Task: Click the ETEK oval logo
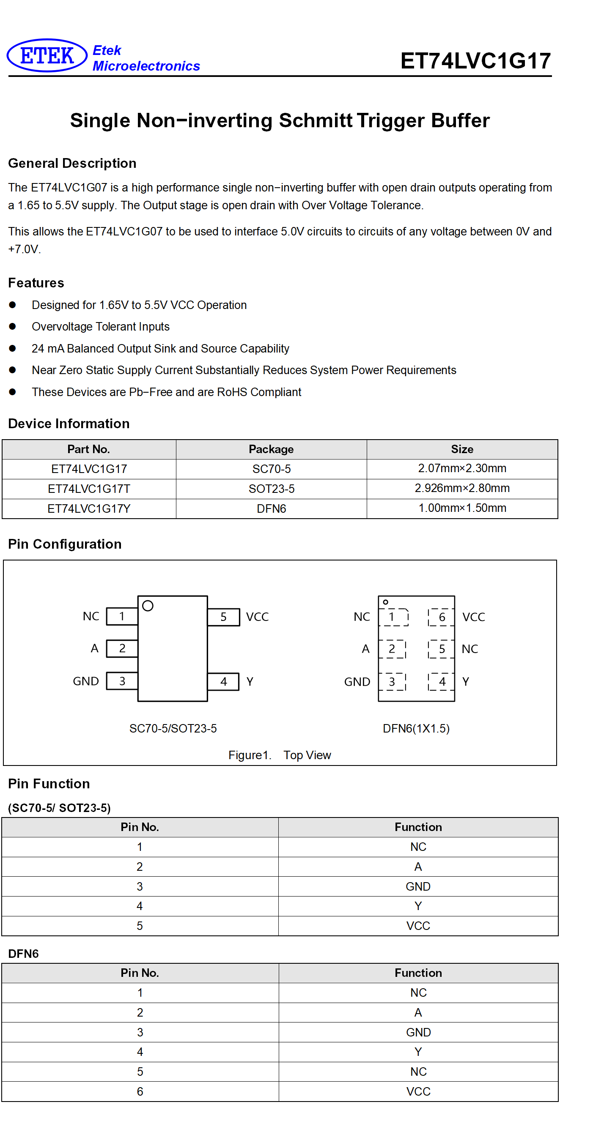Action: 47,55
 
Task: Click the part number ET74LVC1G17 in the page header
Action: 475,60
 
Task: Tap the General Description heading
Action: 72,163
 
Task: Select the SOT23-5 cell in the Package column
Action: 272,489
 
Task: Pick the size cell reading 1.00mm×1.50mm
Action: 462,508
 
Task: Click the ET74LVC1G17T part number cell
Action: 89,489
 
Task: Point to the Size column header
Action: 462,449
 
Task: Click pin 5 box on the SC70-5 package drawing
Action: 224,617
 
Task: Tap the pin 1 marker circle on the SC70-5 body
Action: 148,605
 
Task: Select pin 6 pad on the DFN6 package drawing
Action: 442,617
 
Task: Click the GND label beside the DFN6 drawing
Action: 357,681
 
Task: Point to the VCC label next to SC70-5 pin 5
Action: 257,617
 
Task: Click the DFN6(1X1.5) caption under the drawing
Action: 416,728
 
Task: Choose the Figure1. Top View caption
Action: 280,755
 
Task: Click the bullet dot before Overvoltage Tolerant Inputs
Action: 12,326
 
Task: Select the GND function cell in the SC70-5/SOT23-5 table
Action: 418,886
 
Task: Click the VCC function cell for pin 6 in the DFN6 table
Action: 418,1091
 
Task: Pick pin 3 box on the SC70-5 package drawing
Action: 122,681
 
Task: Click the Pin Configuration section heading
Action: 65,544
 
